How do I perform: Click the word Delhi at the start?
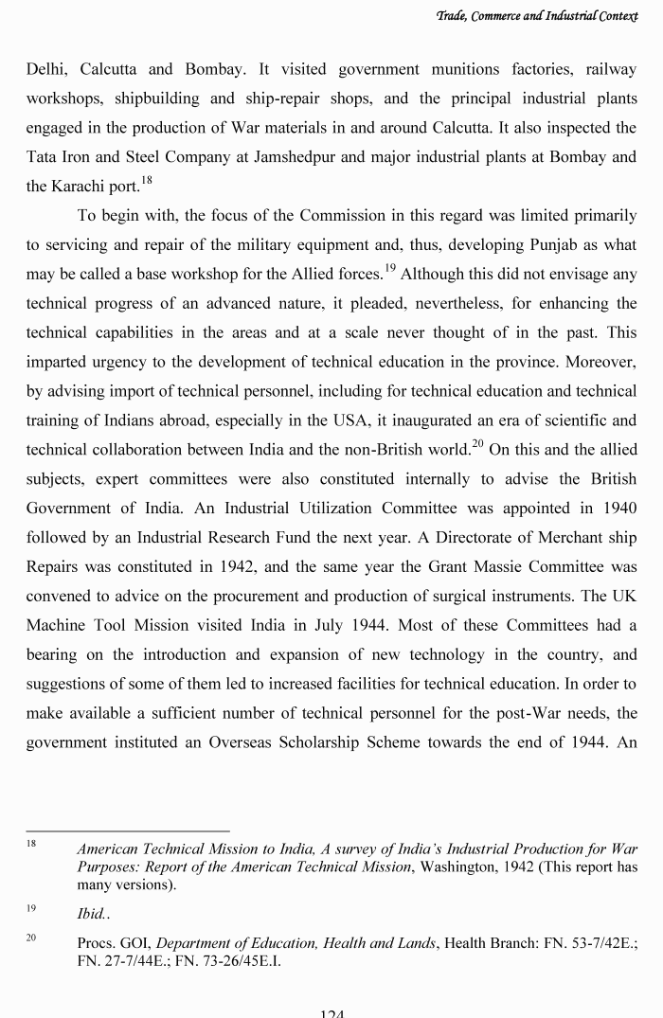[x=46, y=69]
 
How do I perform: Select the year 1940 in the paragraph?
[x=618, y=509]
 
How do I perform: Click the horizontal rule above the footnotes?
[x=128, y=831]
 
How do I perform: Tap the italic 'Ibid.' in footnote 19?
[x=93, y=915]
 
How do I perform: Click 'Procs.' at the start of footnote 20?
[x=97, y=943]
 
